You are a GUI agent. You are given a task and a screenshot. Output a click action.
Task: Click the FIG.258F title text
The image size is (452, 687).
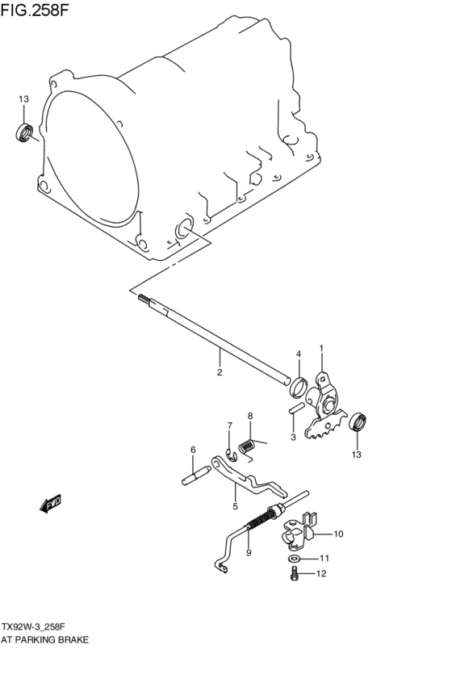pos(35,10)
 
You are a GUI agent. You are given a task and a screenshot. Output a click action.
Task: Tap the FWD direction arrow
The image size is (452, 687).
pos(50,504)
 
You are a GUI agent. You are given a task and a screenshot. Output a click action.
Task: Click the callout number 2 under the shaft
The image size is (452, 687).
pos(220,372)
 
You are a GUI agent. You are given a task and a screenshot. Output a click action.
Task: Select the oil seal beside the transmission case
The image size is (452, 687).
pos(24,133)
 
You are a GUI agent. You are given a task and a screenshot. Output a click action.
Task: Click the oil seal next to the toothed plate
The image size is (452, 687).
pos(358,421)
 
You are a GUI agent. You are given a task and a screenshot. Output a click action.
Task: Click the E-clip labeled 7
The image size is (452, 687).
pos(231,455)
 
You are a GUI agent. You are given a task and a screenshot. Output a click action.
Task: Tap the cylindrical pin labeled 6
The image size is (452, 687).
pos(196,475)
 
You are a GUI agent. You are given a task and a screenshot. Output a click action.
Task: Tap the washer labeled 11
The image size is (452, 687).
pos(295,559)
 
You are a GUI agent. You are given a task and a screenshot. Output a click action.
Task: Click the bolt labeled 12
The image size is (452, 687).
pos(295,573)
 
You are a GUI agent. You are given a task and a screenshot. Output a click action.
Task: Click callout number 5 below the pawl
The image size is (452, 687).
pos(235,506)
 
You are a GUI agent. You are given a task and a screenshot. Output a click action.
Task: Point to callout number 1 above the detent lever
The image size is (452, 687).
pos(321,348)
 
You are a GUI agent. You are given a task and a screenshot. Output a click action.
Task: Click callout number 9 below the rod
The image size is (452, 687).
pos(249,553)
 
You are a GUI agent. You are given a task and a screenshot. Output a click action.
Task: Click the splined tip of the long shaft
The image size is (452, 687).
pos(144,299)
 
